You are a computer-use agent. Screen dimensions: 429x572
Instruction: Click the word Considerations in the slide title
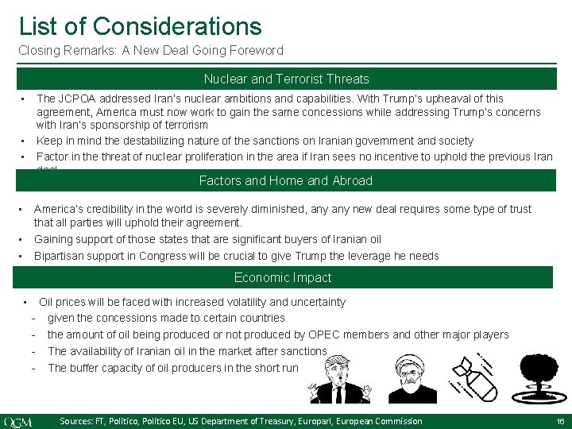point(177,25)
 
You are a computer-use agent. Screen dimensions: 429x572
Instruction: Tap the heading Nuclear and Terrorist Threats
point(286,79)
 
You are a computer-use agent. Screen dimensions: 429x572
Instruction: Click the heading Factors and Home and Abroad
point(286,180)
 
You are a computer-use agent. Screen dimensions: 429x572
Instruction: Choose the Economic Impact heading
point(283,277)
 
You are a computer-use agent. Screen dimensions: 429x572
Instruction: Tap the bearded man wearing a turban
point(415,379)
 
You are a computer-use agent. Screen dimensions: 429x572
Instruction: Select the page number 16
point(560,421)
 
